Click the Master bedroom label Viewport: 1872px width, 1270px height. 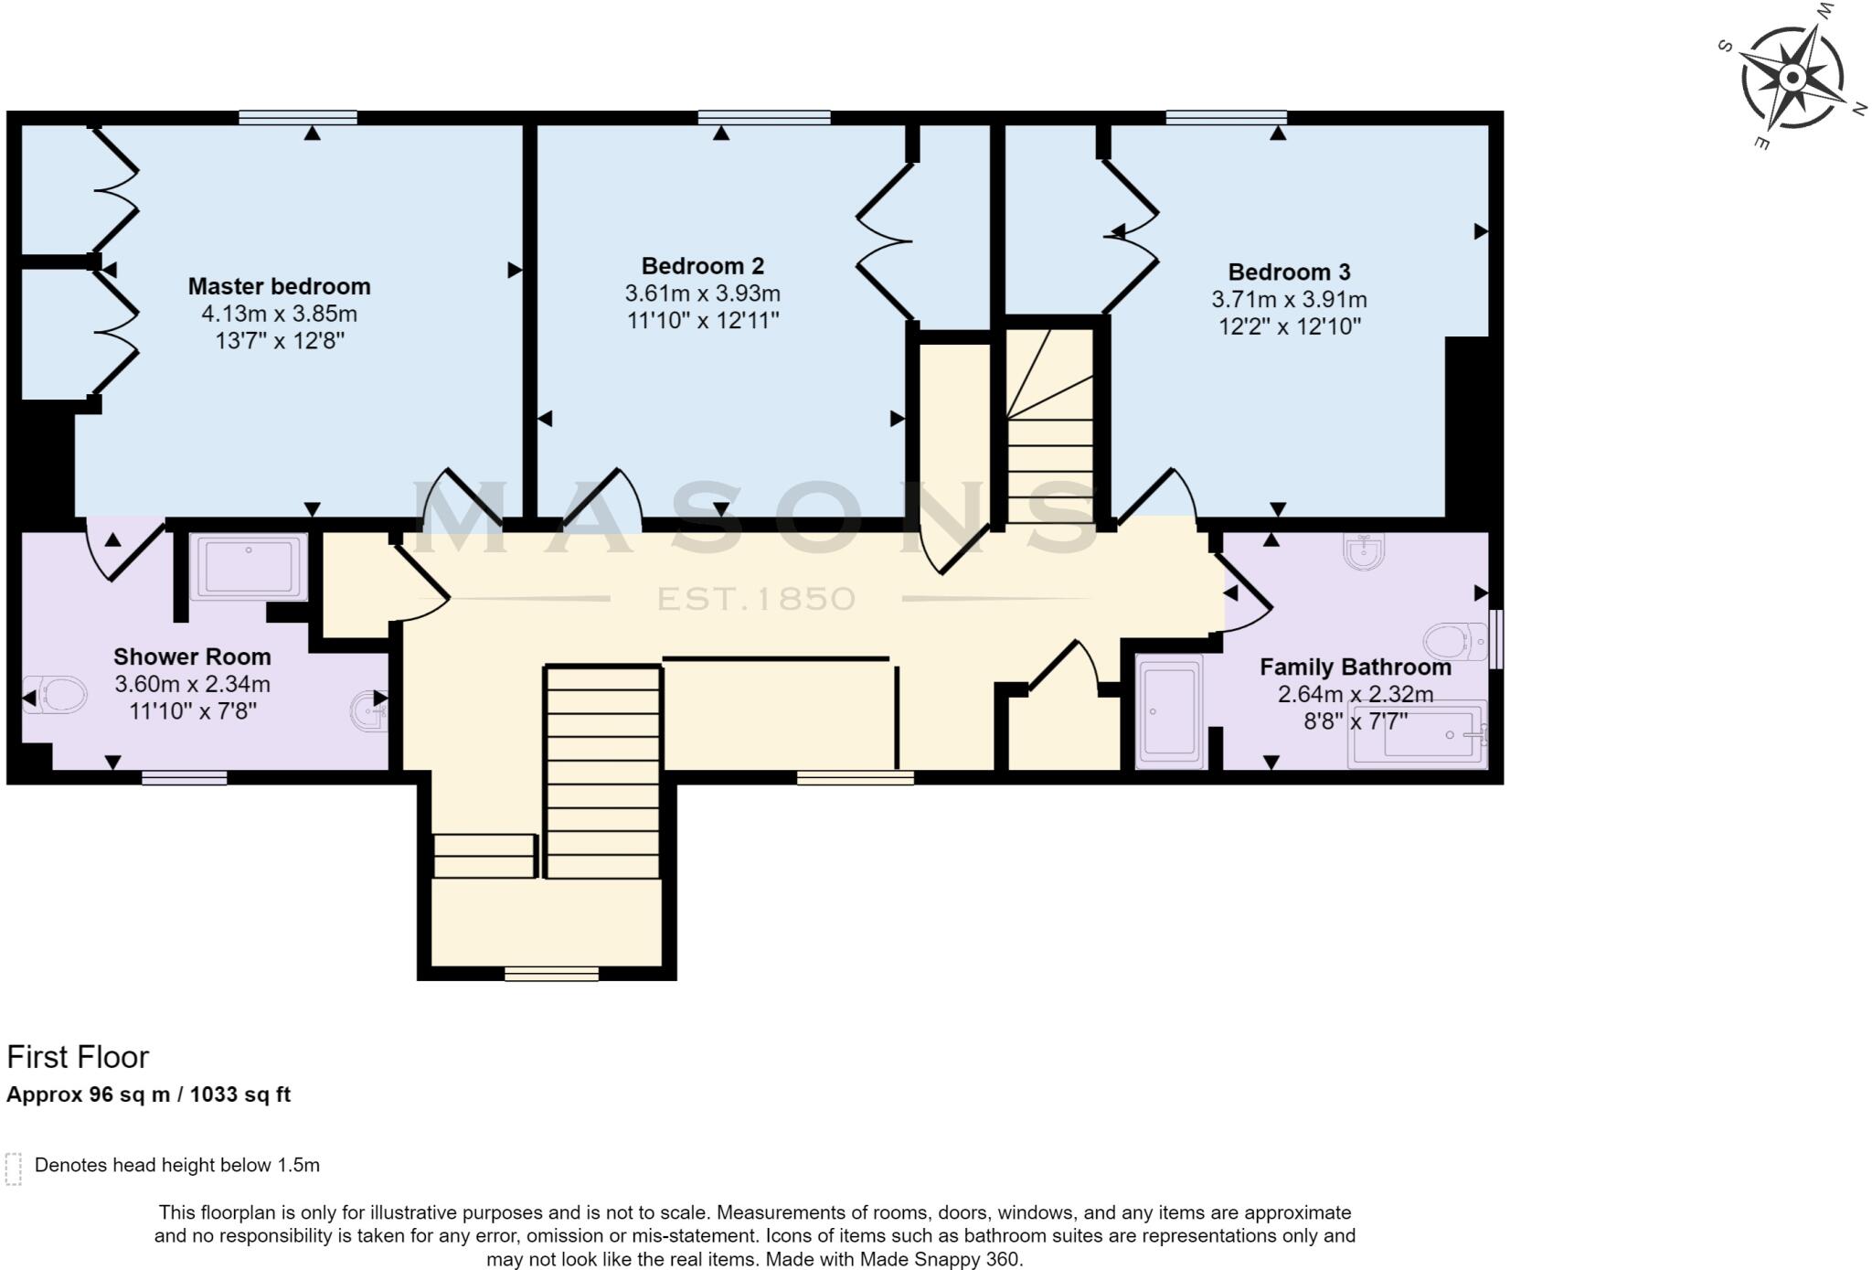pyautogui.click(x=279, y=286)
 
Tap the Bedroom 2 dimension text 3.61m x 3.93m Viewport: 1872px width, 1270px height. pyautogui.click(x=702, y=293)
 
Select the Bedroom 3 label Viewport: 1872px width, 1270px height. pyautogui.click(x=1289, y=272)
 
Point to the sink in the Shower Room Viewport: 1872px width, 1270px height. pyautogui.click(x=367, y=711)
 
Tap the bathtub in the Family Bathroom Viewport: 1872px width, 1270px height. pyautogui.click(x=1417, y=734)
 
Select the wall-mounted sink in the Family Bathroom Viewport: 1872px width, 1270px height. pyautogui.click(x=1363, y=552)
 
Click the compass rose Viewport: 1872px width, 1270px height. pyautogui.click(x=1792, y=79)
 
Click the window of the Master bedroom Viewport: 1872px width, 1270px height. pyautogui.click(x=298, y=117)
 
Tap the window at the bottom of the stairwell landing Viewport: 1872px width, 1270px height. pyautogui.click(x=551, y=975)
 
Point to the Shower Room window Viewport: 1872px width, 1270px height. pyautogui.click(x=184, y=778)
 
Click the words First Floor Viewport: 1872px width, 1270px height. pyautogui.click(x=78, y=1057)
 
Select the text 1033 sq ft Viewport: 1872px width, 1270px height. pyautogui.click(x=240, y=1094)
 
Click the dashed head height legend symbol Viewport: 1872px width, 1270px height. pyautogui.click(x=13, y=1169)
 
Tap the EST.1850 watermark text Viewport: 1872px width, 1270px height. pyautogui.click(x=756, y=599)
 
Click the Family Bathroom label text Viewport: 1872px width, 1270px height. pyautogui.click(x=1355, y=667)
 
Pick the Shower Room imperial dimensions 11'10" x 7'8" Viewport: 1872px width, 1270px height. pyautogui.click(x=192, y=710)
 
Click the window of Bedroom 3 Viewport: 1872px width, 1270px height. pyautogui.click(x=1226, y=117)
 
